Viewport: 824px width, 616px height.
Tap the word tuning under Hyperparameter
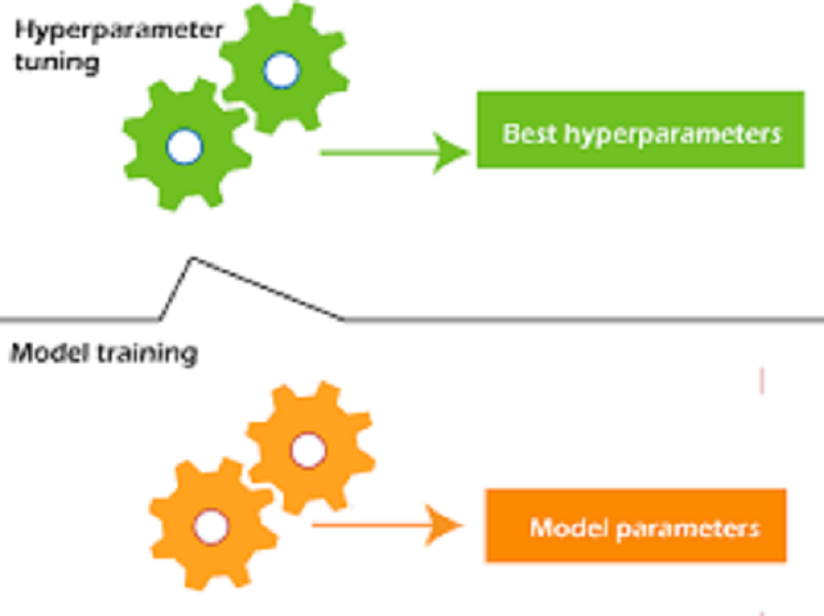coord(58,63)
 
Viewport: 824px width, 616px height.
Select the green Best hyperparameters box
coord(640,130)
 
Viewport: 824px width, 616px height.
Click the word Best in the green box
coord(529,134)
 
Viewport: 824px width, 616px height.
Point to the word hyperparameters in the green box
coord(673,135)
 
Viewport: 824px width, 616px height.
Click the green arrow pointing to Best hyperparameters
coord(394,152)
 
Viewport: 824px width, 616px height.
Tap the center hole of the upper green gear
coord(282,70)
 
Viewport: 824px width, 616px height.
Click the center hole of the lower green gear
coord(184,146)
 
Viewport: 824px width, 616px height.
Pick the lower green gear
coord(187,145)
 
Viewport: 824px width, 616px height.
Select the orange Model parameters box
coord(636,525)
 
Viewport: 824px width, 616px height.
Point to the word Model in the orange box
coord(569,527)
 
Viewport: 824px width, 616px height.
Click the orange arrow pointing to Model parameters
coord(387,524)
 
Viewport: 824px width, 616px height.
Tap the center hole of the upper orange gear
coord(309,450)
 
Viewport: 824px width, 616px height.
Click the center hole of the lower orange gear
coord(211,526)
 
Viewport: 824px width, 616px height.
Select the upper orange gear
coord(310,448)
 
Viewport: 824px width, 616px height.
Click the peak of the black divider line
coord(192,258)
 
